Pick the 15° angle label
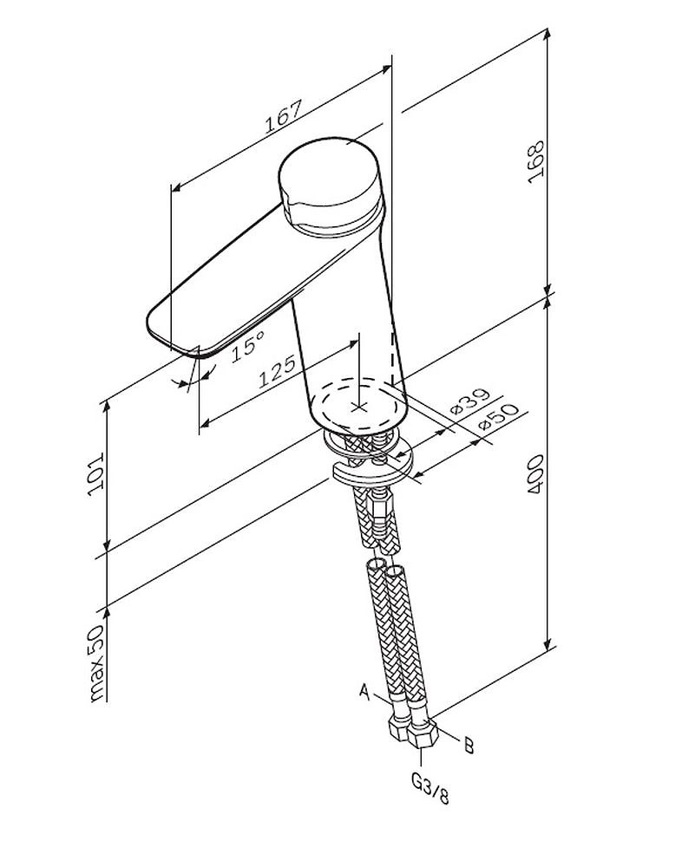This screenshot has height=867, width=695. pos(247,347)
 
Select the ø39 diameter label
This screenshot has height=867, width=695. pos(469,401)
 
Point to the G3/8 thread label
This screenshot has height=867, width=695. pos(429,792)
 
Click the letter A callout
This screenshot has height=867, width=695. pos(365,692)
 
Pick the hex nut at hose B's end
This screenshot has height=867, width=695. pos(423,736)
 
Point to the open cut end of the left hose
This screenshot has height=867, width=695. pos(376,566)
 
